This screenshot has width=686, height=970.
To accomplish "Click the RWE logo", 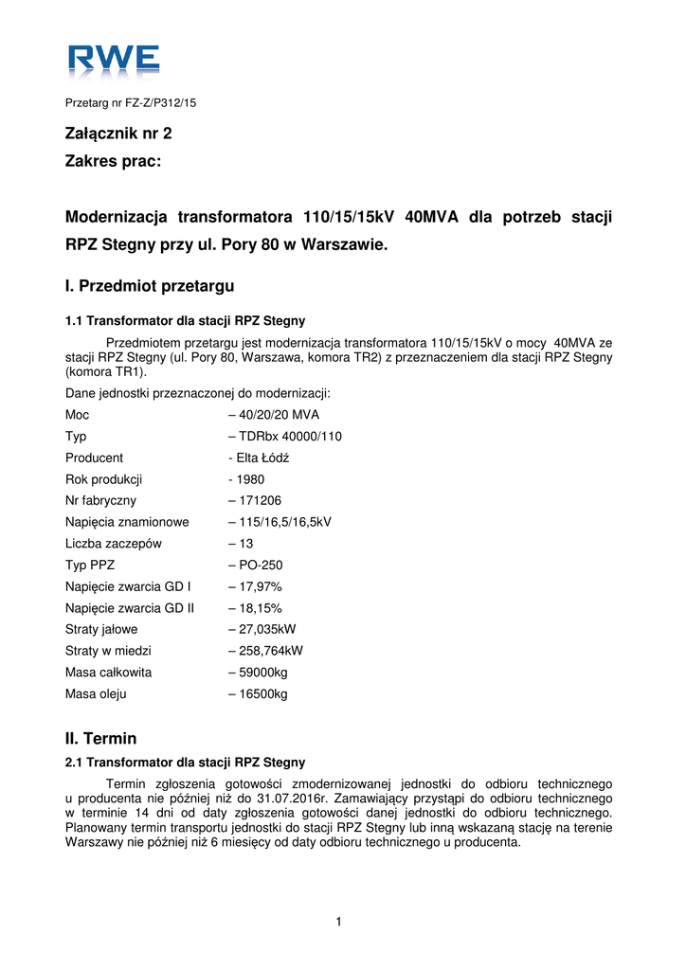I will point(113,62).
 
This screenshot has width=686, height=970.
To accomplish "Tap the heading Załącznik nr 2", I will point(118,135).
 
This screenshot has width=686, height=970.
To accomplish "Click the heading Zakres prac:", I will point(114,162).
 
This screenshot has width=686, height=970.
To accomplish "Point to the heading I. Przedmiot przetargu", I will point(149,285).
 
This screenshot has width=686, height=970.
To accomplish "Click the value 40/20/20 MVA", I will point(279,415).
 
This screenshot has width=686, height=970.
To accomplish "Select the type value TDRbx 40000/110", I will point(289,437).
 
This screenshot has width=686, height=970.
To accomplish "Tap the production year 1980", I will point(251,479).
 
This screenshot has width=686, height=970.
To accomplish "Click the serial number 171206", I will point(260,501).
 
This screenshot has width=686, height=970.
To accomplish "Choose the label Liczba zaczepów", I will point(114,544).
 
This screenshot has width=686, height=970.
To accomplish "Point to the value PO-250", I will point(261,566).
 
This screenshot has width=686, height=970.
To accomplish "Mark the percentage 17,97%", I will point(260,586).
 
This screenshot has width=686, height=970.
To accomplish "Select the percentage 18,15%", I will point(260,608).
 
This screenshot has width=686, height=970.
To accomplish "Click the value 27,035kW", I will point(267,629).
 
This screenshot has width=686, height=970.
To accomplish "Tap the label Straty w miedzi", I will point(108,651).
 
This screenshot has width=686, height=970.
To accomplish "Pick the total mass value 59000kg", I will point(262,673).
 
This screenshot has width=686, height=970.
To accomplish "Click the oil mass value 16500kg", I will point(262,694).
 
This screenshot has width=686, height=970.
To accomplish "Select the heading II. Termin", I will point(101,739).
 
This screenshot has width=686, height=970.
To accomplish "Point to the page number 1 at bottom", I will point(338,922).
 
